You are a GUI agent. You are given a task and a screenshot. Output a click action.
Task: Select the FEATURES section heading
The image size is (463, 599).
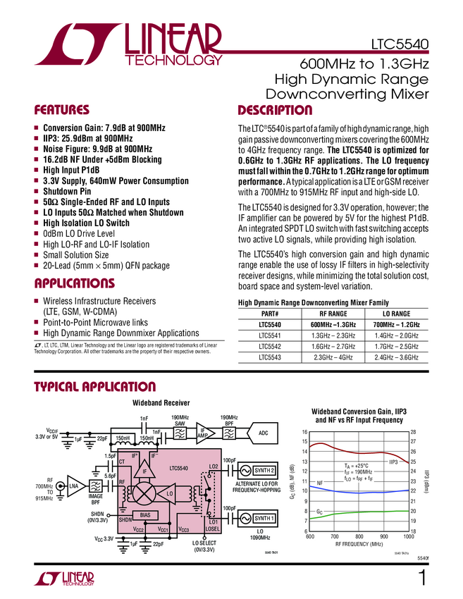[x=63, y=111]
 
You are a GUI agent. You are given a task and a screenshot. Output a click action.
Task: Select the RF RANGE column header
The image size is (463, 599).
[x=334, y=314]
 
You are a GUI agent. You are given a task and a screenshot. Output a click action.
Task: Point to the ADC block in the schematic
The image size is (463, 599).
[x=263, y=433]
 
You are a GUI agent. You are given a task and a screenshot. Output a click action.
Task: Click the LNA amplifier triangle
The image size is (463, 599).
[x=73, y=486]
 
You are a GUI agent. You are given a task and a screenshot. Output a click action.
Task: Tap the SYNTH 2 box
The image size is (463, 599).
[x=262, y=471]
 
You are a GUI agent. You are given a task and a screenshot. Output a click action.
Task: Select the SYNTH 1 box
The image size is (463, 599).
[x=262, y=519]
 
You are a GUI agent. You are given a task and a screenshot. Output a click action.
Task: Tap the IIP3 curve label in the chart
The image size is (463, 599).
[x=395, y=462]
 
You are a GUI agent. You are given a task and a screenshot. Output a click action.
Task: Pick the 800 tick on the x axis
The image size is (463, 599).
[x=359, y=537]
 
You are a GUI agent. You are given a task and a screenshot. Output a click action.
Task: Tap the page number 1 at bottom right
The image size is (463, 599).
[x=422, y=579]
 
